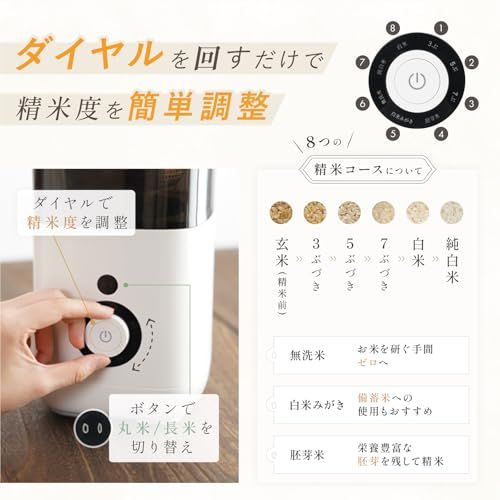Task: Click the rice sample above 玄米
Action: tap(282, 212)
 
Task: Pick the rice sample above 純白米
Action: tap(451, 212)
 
